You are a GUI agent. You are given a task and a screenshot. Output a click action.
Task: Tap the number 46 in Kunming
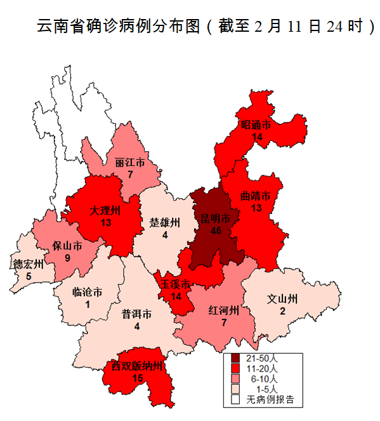[x=216, y=231]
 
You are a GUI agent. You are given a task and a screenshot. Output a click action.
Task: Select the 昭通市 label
[x=257, y=125]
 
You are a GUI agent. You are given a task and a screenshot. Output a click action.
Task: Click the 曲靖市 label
[x=256, y=196]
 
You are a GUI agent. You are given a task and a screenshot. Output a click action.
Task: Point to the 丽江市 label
[x=129, y=163]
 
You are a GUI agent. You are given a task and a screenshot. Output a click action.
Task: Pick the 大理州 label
[x=105, y=210]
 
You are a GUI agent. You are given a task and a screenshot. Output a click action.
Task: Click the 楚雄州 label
[x=165, y=223]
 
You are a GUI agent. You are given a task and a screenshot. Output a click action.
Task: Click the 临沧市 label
[x=87, y=293]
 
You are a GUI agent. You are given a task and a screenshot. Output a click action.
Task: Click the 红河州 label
[x=224, y=311]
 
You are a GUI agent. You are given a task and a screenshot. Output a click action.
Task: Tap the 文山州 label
[x=282, y=298]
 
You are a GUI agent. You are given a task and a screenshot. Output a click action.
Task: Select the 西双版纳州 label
[x=138, y=366]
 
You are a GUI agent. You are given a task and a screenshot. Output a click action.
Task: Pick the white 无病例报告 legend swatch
[x=235, y=400]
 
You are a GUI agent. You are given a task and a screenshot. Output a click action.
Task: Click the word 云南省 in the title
[x=58, y=27]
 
